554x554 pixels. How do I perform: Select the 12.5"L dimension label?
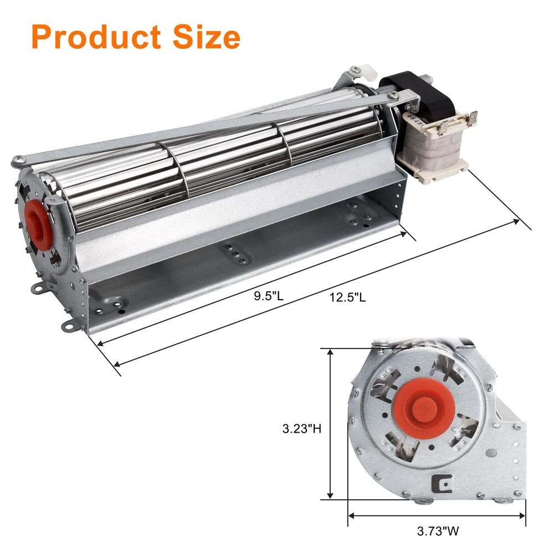[347, 298]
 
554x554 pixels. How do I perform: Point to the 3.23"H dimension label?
[301, 428]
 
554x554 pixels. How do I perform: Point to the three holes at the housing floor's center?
[236, 253]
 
